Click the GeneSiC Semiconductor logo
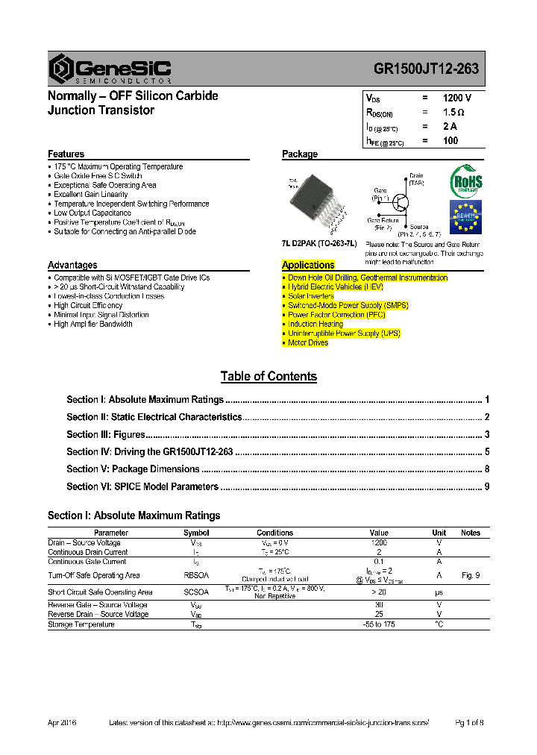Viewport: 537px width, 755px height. pos(110,69)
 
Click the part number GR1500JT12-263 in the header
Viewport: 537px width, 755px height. pos(426,69)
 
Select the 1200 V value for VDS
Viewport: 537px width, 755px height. pos(456,98)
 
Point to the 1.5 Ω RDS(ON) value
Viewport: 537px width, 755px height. pos(453,112)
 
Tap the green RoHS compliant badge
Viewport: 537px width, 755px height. pos(466,181)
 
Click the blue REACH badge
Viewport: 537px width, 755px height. pos(465,217)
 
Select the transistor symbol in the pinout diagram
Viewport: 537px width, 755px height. pos(401,203)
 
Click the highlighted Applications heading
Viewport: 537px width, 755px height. pos(308,265)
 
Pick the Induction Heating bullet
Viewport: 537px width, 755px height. pos(315,325)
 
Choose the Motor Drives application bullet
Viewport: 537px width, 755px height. pos(307,343)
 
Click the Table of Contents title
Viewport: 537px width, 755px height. pos(268,377)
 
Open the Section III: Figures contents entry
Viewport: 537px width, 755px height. pos(105,435)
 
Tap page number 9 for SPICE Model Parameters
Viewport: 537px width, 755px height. pos(486,487)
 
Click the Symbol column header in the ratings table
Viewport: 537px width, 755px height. pos(196,533)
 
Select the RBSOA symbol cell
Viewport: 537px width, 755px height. pos(196,575)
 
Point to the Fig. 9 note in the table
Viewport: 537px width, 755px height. pos(471,575)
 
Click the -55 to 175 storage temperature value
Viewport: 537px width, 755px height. pos(379,624)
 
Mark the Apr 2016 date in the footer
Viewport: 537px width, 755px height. pos(62,723)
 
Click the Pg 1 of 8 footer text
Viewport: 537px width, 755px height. pos(470,723)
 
